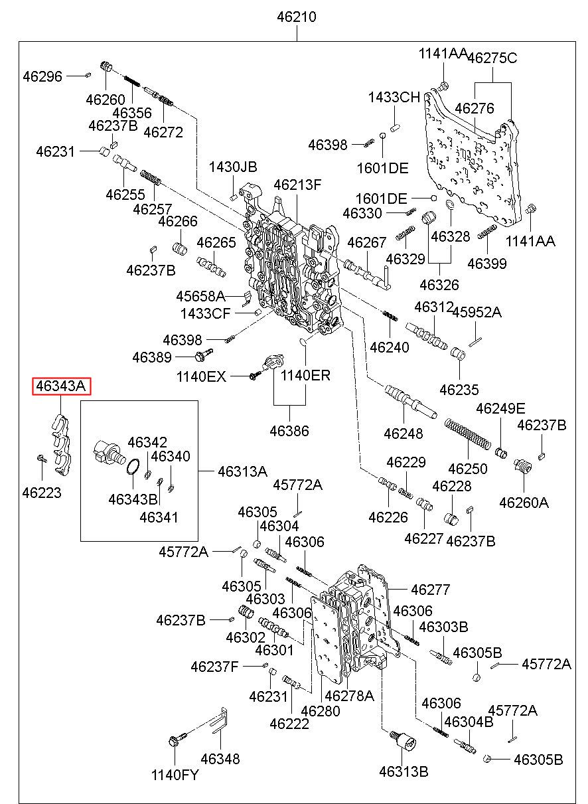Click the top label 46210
coord(297,17)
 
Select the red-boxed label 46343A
coord(61,386)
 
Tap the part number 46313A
coord(242,471)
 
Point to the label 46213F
coord(297,185)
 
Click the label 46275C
coord(492,58)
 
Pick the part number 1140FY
coord(175,775)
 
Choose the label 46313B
coord(404,771)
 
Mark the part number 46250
coord(468,469)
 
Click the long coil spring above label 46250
coord(467,434)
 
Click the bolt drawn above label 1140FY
coord(178,740)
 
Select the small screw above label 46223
coord(42,458)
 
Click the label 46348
coord(220,759)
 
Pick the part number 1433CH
coord(394,97)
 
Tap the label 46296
coord(42,76)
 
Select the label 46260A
coord(524,503)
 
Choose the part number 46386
coord(289,431)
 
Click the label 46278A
coord(350,696)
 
